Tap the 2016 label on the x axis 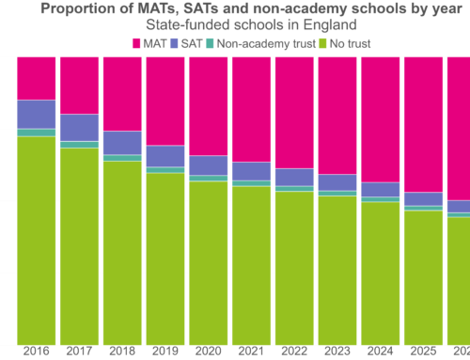[36, 352]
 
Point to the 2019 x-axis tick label [164, 352]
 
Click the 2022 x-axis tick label [293, 352]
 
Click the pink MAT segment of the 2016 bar [36, 77]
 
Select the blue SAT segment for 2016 [36, 114]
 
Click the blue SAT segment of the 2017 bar [79, 127]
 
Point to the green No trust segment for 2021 [251, 264]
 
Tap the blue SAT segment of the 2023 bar [337, 182]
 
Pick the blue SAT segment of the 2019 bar [164, 156]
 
